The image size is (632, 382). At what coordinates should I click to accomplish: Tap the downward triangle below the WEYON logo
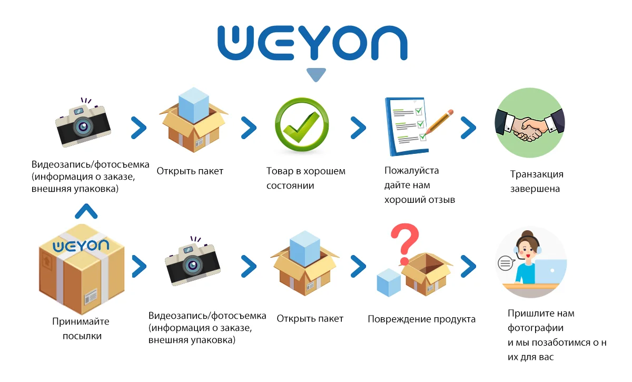[x=316, y=75]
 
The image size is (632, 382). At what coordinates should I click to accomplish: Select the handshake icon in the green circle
[x=529, y=124]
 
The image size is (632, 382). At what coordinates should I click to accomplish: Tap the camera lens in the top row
[x=83, y=126]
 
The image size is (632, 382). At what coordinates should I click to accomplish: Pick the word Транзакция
[x=537, y=174]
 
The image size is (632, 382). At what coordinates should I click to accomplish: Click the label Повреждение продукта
[x=421, y=319]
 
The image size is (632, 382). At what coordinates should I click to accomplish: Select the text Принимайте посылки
[x=81, y=329]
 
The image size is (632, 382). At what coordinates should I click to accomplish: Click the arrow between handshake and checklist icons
[x=468, y=126]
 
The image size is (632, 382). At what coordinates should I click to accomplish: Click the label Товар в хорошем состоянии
[x=306, y=178]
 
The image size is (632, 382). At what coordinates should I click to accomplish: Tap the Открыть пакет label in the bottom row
[x=310, y=319]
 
